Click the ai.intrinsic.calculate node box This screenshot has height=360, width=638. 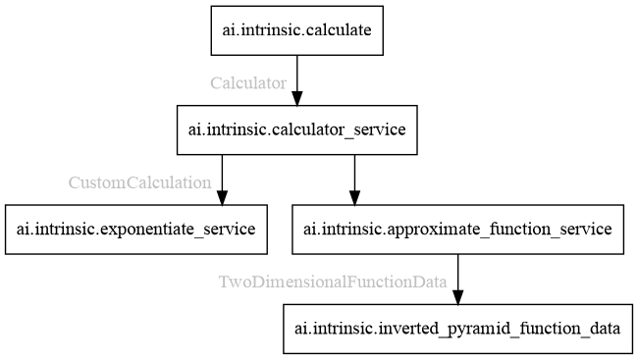296,30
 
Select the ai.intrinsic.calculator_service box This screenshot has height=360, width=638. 296,129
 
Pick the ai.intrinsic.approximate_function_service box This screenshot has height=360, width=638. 457,230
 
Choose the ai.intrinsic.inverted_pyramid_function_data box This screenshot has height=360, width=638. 457,329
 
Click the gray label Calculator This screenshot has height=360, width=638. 248,83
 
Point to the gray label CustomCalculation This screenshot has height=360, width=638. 139,182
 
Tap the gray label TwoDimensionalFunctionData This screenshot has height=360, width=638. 333,283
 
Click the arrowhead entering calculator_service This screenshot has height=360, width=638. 296,97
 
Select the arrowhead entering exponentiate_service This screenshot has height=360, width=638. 222,197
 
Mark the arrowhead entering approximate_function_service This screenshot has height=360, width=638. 354,197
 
